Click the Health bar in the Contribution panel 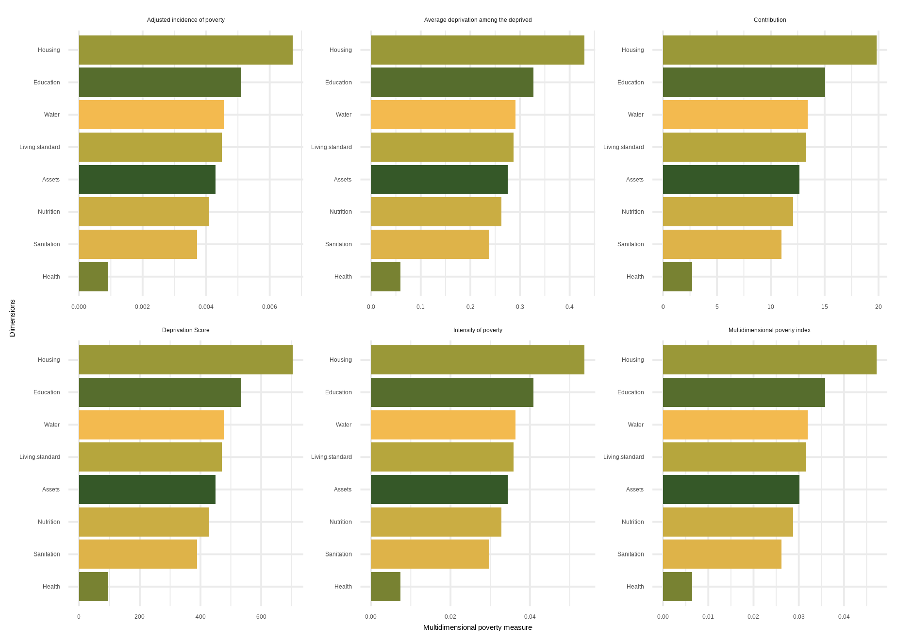click(677, 277)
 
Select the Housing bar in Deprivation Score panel click(185, 360)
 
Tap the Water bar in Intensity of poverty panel click(443, 425)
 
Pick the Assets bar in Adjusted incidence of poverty click(147, 180)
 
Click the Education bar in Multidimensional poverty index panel click(744, 392)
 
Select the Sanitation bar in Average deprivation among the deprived click(430, 244)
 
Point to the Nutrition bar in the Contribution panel click(728, 212)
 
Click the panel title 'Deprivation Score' click(185, 330)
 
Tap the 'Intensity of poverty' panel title click(478, 330)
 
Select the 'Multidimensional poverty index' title click(769, 330)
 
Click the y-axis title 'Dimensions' click(13, 318)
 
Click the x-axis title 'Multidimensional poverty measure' click(478, 627)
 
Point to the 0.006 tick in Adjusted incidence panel click(269, 307)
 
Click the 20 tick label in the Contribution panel click(878, 307)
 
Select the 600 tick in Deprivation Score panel click(261, 617)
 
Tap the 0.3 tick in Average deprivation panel click(520, 307)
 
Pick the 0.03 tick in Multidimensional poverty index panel click(798, 617)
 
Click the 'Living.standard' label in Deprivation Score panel click(40, 457)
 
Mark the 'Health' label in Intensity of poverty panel click(343, 587)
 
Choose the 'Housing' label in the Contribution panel click(632, 50)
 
